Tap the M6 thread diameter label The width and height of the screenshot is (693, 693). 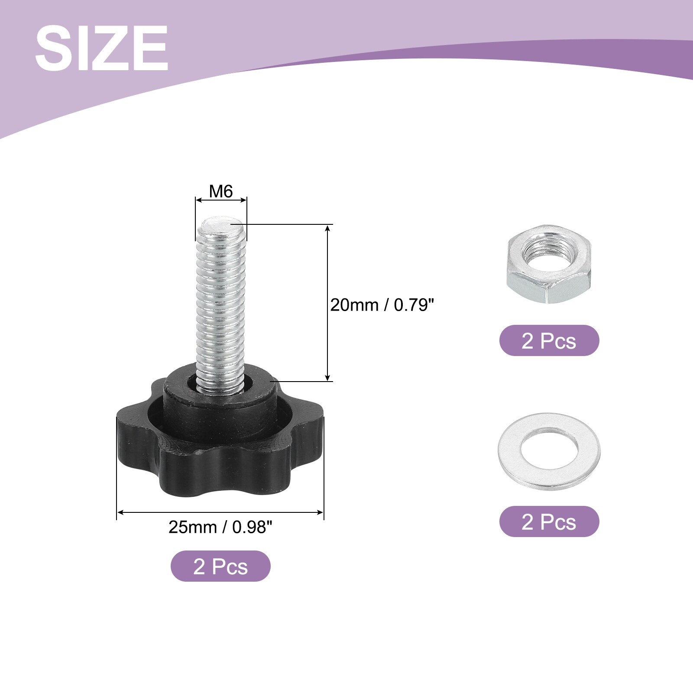(221, 191)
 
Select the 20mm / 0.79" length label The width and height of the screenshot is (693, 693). (382, 305)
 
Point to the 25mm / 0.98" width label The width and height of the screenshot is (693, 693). (220, 527)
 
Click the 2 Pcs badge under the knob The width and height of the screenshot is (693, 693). (220, 566)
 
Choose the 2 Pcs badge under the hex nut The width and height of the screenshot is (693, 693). (549, 340)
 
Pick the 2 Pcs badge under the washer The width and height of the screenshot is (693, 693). (549, 521)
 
